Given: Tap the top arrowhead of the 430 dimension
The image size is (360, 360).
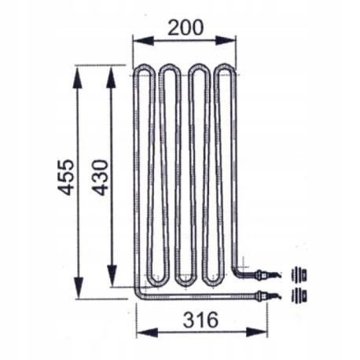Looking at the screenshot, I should click(111, 72).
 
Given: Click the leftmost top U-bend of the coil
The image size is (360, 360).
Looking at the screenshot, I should click(145, 70).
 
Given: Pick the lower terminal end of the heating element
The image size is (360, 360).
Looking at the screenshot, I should click(263, 296).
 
